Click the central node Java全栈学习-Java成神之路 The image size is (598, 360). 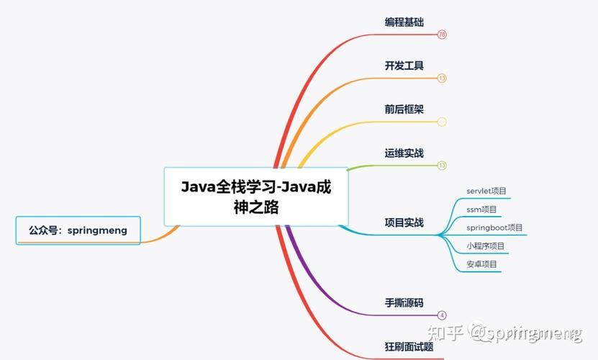pos(256,197)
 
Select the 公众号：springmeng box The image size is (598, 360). pos(78,230)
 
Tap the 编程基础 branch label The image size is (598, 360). pos(404,22)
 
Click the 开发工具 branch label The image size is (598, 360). pos(404,66)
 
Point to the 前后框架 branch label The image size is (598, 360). pos(404,109)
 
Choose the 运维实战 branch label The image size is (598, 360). pos(404,153)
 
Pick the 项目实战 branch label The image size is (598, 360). pos(404,222)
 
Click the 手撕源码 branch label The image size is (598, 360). pos(404,302)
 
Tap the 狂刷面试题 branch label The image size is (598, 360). pos(409,346)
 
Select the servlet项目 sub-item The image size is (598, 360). pos(486,191)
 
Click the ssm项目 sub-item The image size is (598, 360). pos(481,210)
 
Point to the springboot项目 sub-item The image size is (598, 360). pos(494,228)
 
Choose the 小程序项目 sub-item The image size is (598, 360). pos(485,246)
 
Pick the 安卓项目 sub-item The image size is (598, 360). pos(481,264)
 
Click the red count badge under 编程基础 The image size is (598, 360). pos(442,35)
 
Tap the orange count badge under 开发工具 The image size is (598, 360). pos(442,78)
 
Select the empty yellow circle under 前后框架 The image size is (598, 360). pos(442,122)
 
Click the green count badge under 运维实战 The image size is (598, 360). pos(442,165)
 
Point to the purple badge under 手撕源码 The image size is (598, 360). pos(442,315)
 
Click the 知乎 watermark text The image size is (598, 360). pos(444,333)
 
